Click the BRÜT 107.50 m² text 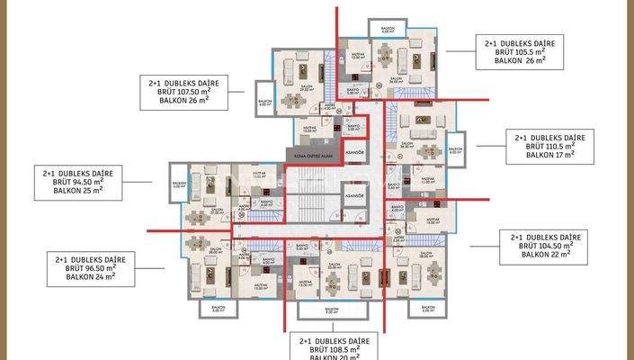pos(183,91)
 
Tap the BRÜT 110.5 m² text pos(550,146)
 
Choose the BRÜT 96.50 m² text pos(83,267)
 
